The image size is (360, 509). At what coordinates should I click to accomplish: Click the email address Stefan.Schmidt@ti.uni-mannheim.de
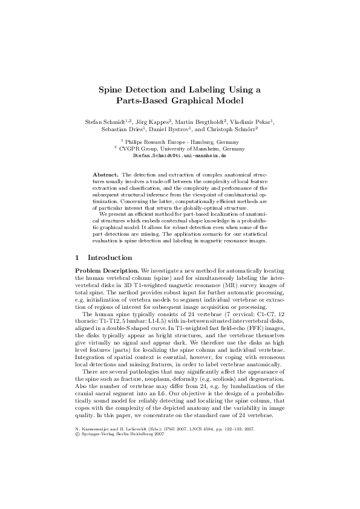(179, 155)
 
